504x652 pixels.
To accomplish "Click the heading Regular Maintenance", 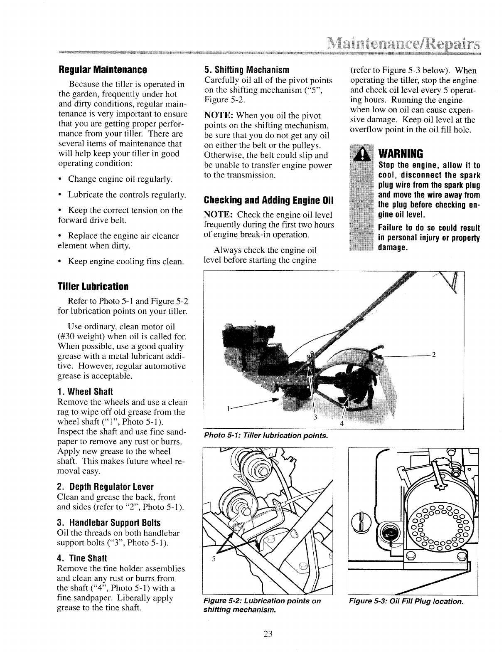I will click(x=103, y=69).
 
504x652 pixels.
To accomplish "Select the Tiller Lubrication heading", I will click(x=93, y=286).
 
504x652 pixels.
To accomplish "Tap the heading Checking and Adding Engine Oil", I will click(x=269, y=200).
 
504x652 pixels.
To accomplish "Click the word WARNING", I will click(x=401, y=153).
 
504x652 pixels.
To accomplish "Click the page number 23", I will click(x=268, y=634).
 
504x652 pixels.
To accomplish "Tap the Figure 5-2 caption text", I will click(x=261, y=605).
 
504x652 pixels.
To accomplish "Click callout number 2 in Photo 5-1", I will click(x=434, y=355).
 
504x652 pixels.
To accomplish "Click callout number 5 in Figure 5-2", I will click(x=212, y=559).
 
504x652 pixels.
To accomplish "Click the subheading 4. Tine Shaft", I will click(x=82, y=558).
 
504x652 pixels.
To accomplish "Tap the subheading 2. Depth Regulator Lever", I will click(x=105, y=487).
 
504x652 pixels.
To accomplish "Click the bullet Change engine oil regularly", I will click(x=120, y=179).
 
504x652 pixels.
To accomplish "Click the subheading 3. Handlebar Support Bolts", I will click(x=108, y=523).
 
